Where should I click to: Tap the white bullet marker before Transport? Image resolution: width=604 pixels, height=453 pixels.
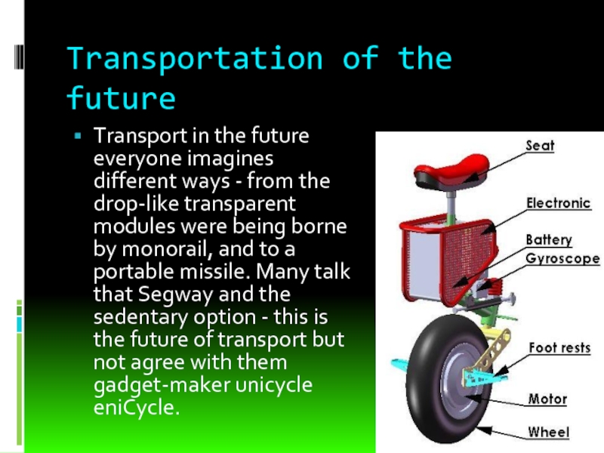76,138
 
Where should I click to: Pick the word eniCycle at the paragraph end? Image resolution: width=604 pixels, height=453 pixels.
137,408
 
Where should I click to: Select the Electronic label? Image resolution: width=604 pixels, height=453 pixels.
557,202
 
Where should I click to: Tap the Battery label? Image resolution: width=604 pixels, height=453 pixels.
549,240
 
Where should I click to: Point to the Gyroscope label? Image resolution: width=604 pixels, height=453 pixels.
562,258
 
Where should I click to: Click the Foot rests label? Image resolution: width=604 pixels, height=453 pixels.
559,348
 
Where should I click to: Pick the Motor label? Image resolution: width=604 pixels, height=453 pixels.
547,399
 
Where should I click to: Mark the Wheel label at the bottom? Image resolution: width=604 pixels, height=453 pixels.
547,433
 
